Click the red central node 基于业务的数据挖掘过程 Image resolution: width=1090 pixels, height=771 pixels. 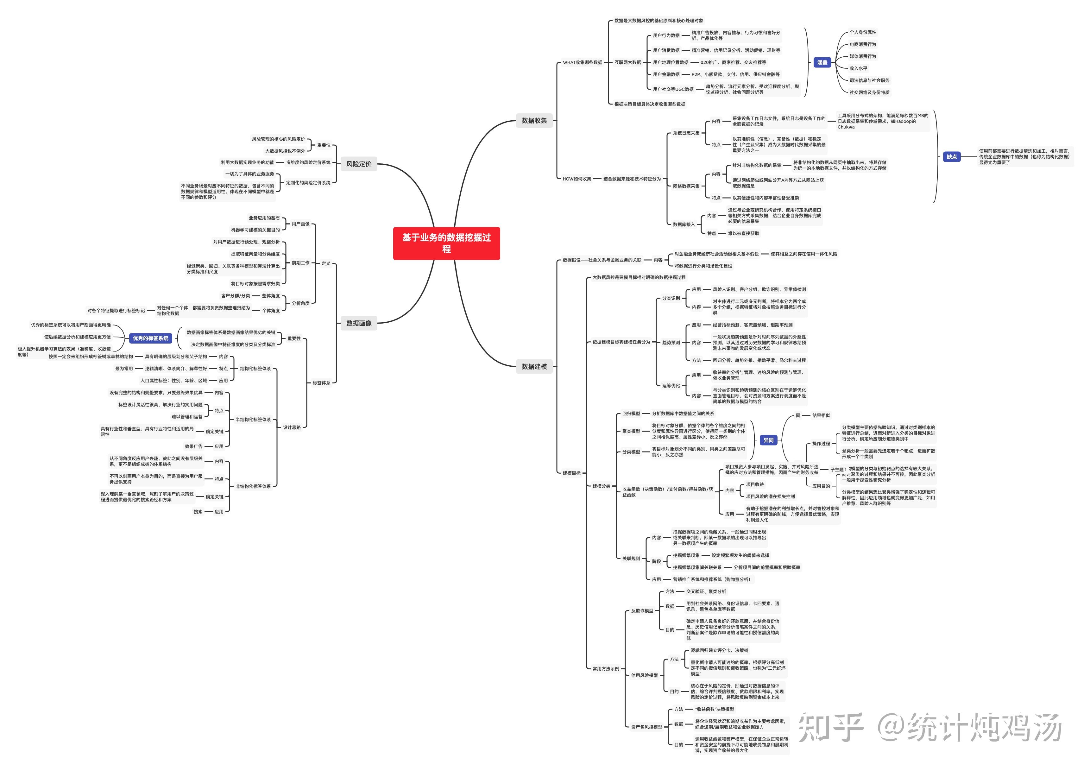446,243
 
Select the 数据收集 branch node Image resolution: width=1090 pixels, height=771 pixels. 534,121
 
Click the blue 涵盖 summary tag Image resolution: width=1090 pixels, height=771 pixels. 822,62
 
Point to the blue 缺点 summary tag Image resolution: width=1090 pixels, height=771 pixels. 952,157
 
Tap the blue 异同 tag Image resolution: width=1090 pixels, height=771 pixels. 768,440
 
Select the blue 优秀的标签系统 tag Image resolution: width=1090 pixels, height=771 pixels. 150,338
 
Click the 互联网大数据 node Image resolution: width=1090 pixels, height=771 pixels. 627,62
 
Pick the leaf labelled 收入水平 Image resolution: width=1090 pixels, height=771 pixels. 858,68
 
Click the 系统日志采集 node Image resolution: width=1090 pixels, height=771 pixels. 686,133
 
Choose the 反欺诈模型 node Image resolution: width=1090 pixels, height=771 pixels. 642,610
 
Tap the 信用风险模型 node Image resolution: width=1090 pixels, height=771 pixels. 644,675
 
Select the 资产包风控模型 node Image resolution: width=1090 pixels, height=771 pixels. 646,727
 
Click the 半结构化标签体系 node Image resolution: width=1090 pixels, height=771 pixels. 253,419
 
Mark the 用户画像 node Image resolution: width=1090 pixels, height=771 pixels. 300,224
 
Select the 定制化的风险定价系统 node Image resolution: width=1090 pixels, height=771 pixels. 308,182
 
